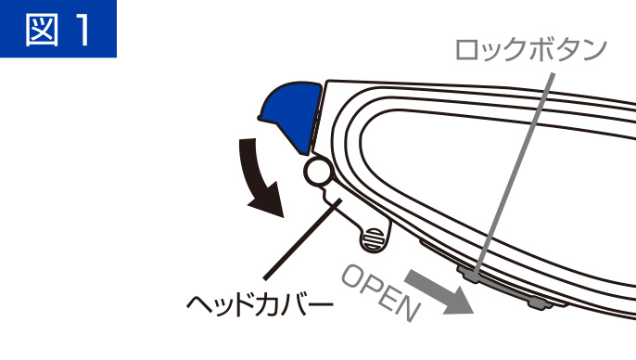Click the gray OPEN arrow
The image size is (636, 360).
pos(438,291)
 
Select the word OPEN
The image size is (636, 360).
pos(380,292)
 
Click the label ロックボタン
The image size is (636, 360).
pos(531,49)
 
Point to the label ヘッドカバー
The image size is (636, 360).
pos(260,304)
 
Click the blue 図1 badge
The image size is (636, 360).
pos(58,29)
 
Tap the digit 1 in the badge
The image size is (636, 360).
pos(84,29)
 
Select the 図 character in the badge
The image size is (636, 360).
pos(42,29)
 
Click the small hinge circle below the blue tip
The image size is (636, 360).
pos(317,172)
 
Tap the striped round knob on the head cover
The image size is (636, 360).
pos(375,238)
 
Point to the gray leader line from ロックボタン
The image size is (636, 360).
pos(514,174)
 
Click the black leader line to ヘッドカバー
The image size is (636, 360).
pos(302,238)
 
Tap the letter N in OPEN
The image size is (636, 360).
pos(409,308)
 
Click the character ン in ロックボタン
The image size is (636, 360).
pos(593,50)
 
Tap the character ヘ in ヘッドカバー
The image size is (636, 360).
pos(198,303)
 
